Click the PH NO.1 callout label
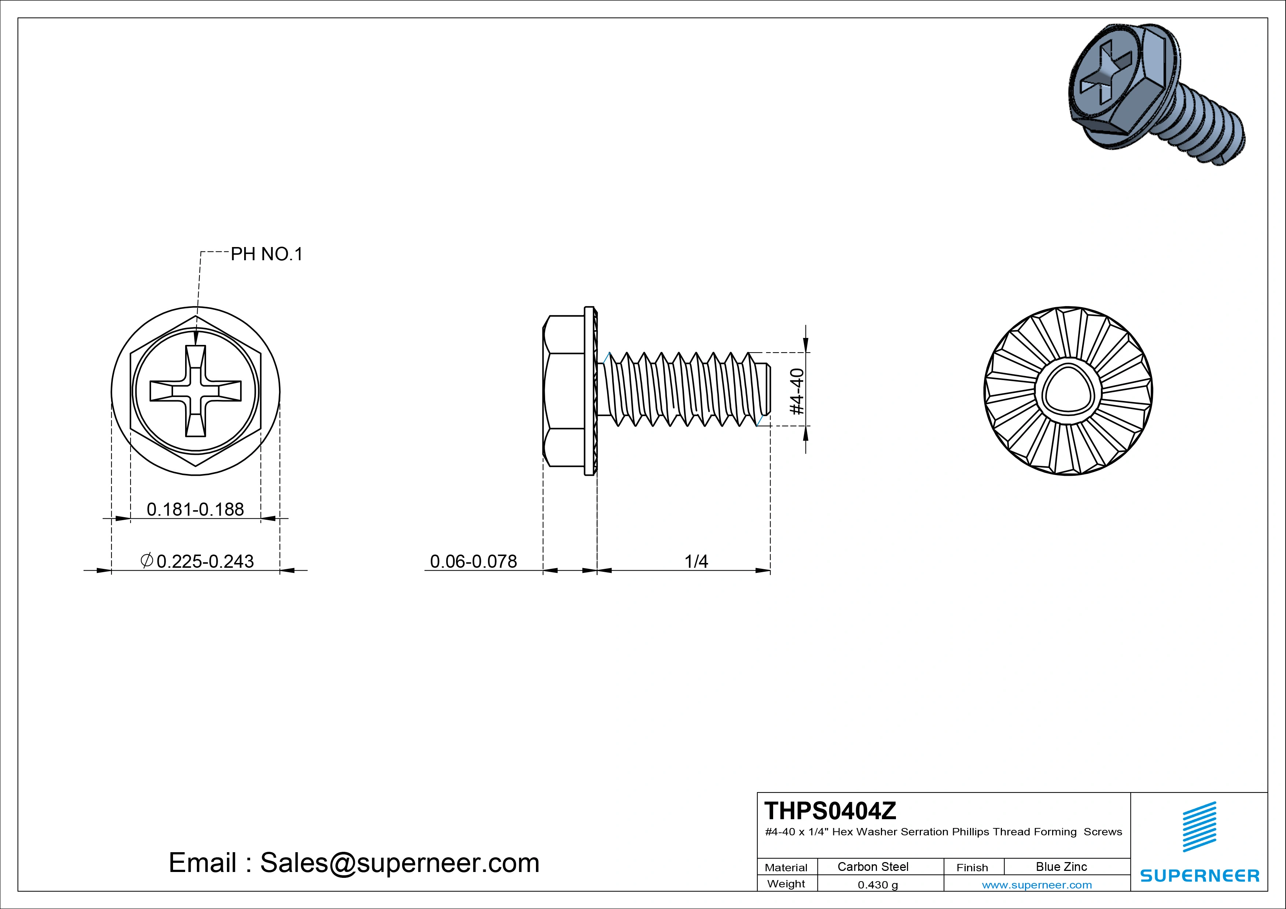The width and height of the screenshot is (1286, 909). point(267,254)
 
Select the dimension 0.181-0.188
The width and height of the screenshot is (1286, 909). point(195,509)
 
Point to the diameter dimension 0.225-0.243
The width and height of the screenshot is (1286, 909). point(205,561)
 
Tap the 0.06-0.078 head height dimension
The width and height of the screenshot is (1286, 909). point(473,561)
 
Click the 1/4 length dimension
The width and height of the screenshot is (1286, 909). point(696,561)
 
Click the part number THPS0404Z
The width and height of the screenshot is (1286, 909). point(830,810)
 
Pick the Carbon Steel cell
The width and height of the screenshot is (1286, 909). point(872,866)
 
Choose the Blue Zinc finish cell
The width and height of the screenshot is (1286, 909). point(1061,866)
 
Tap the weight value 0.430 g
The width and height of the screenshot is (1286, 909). point(878,885)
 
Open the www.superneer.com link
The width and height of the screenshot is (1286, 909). point(1037,885)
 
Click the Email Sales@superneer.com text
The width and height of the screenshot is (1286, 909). point(354,862)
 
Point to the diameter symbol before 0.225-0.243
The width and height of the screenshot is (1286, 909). point(147,560)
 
